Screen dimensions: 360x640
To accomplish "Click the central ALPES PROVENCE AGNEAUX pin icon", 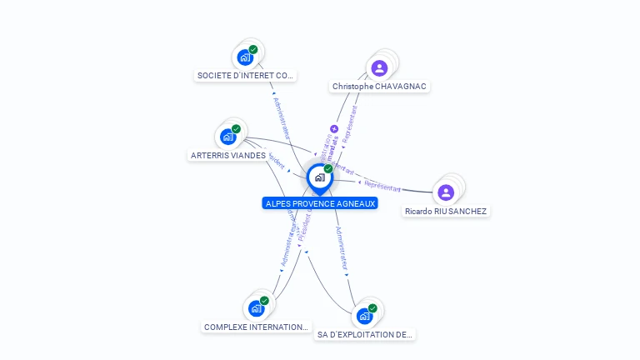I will [318, 177].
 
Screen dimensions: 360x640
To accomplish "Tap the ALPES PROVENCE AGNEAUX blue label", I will [320, 203].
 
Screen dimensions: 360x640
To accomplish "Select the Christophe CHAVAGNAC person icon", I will [380, 68].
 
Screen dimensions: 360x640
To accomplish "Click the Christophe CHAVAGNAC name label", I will [380, 87].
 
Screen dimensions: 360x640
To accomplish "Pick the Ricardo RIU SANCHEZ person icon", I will [446, 192].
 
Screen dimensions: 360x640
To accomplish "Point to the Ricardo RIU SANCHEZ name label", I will [446, 212].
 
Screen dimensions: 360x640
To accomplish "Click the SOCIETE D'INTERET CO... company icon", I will [245, 57].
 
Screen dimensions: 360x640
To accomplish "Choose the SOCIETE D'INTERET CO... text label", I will [245, 76].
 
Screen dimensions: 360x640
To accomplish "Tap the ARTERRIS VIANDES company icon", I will [228, 137].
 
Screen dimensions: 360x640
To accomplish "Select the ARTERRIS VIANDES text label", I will [228, 156].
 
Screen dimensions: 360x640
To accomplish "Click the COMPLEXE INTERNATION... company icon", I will [257, 308].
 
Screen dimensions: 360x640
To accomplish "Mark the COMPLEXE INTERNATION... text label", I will [257, 327].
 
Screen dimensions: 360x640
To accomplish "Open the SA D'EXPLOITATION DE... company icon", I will [364, 317].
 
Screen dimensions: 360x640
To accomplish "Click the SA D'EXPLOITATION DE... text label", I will [365, 335].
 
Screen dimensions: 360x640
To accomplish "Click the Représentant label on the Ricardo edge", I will [383, 186].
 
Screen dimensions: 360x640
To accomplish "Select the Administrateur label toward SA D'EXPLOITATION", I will [341, 248].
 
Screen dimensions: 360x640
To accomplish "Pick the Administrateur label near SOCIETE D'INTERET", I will [281, 116].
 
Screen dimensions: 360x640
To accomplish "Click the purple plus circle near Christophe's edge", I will [334, 129].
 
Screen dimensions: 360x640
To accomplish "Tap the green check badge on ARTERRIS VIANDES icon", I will [236, 129].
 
